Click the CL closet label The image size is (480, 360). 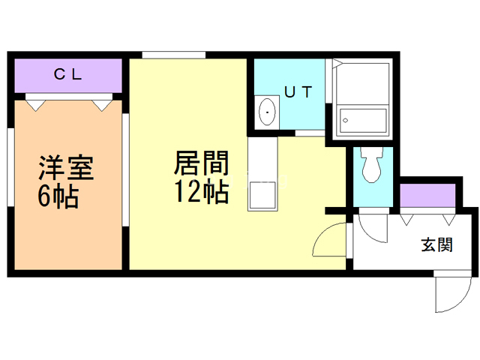point(67,74)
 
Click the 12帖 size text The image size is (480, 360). point(202,192)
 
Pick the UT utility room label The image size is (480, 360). point(298,91)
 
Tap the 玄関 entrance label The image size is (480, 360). point(436,244)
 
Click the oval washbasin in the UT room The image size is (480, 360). point(266,113)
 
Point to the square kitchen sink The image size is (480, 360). point(262,194)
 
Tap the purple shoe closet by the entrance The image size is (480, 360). point(427,195)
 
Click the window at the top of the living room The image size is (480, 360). point(173,54)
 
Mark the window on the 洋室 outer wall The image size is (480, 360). point(10,176)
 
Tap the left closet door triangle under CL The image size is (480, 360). point(34,105)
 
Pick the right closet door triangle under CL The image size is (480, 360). point(101,105)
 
